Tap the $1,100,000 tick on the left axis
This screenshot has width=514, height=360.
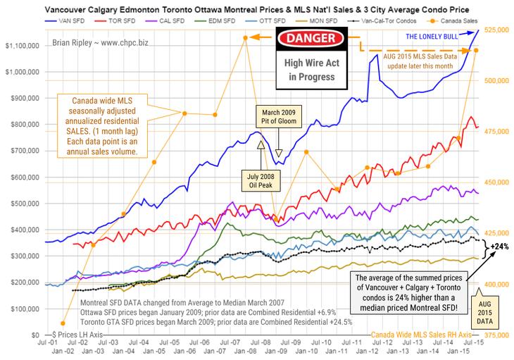[21, 45]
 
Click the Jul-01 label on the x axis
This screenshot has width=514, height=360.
[46, 342]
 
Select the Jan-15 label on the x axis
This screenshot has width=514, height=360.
[463, 350]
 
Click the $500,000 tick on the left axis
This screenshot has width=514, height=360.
[23, 203]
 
